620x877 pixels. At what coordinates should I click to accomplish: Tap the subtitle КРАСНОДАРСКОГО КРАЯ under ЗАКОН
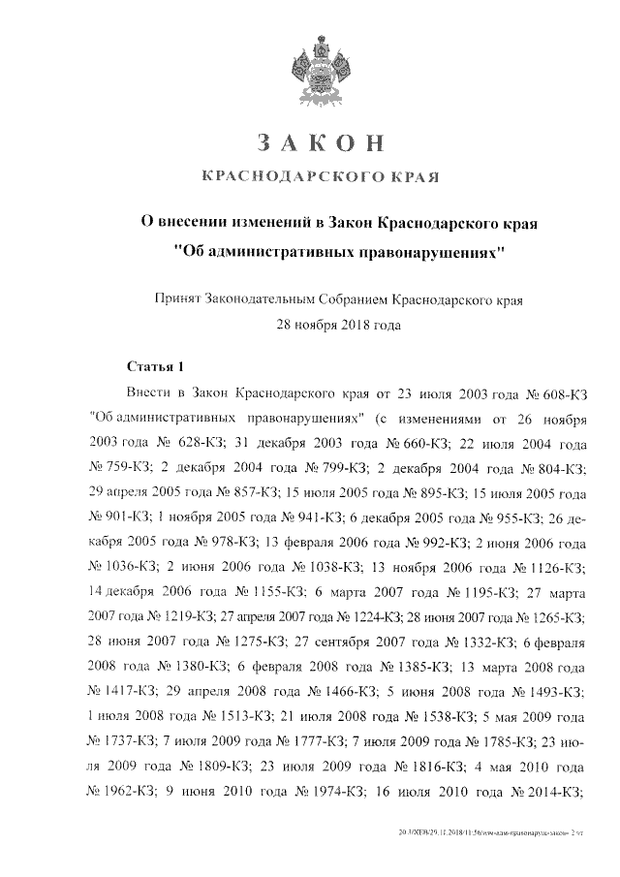[x=320, y=177]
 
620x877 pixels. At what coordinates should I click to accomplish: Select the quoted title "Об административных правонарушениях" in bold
[x=341, y=249]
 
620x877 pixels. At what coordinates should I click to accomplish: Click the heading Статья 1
[x=155, y=367]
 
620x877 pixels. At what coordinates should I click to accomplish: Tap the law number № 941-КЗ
[x=305, y=517]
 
